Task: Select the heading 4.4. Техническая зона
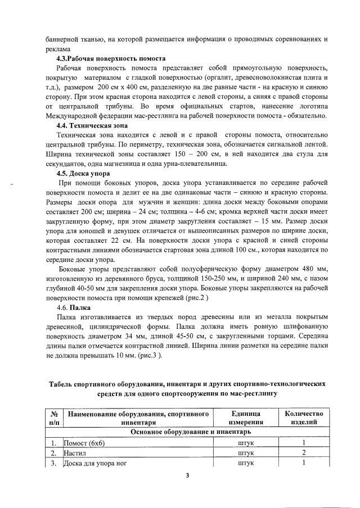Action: point(92,125)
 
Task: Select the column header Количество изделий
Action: point(304,418)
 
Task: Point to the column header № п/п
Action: point(54,418)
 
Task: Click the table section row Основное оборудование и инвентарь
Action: point(190,432)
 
